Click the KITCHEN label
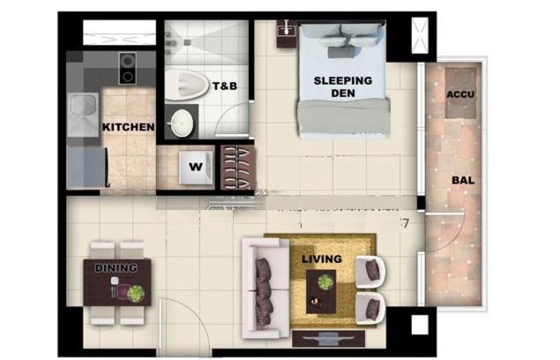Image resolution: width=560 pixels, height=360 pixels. pyautogui.click(x=128, y=127)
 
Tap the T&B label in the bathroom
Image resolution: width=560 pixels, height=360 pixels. pyautogui.click(x=225, y=86)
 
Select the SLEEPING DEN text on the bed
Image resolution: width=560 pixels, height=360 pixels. pyautogui.click(x=343, y=86)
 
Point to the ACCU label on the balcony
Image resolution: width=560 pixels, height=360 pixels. pyautogui.click(x=460, y=94)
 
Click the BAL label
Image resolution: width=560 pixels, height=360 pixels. pyautogui.click(x=463, y=180)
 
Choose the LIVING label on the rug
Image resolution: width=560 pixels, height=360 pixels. pyautogui.click(x=322, y=259)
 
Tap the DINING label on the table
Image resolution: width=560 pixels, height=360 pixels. pyautogui.click(x=116, y=268)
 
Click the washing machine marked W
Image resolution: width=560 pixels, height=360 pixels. pyautogui.click(x=196, y=168)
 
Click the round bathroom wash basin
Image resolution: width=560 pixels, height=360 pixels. pyautogui.click(x=182, y=123)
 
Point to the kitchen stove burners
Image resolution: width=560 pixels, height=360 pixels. pyautogui.click(x=127, y=68)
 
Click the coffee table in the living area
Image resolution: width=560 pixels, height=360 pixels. pyautogui.click(x=321, y=292)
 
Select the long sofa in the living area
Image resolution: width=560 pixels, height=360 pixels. pyautogui.click(x=265, y=289)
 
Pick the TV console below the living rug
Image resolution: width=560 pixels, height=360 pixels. pyautogui.click(x=329, y=339)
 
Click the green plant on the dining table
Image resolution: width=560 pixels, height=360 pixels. pyautogui.click(x=136, y=294)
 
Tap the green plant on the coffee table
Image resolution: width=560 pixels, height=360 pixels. pyautogui.click(x=325, y=282)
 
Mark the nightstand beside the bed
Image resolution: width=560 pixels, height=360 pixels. pyautogui.click(x=287, y=34)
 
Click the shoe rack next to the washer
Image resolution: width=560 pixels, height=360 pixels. pyautogui.click(x=238, y=168)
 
